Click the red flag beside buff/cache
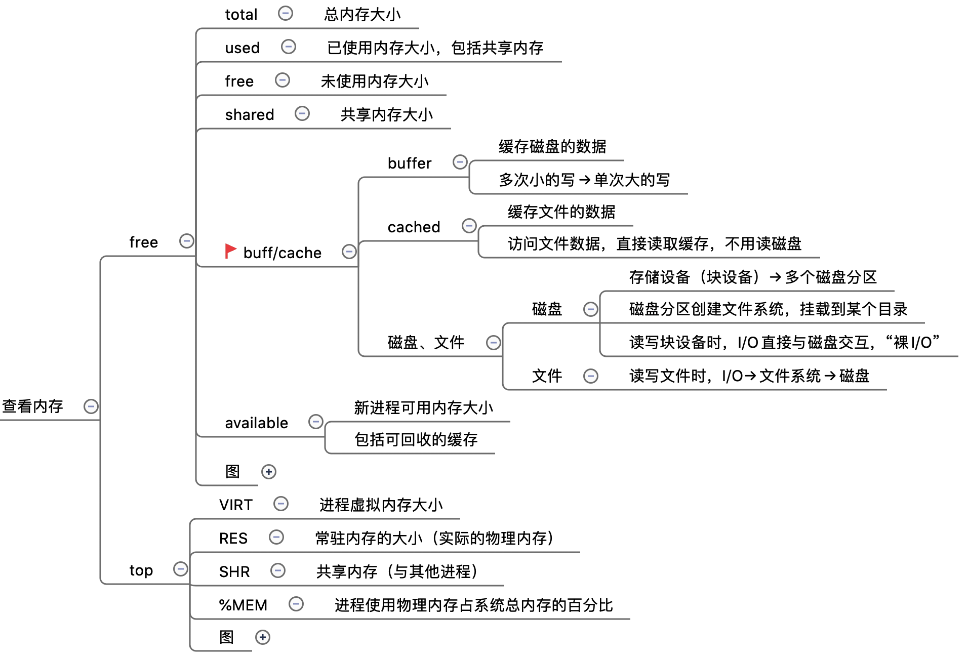tap(230, 251)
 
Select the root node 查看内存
tap(33, 406)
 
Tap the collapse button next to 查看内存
tap(91, 406)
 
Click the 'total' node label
tap(241, 14)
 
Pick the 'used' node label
tap(242, 48)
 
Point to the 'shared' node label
tap(249, 114)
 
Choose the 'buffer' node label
tap(409, 163)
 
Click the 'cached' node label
tap(414, 227)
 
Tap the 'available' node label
tap(256, 423)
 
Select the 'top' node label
tap(141, 570)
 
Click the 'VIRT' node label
tap(235, 505)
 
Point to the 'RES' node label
tap(233, 538)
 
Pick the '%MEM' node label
tap(243, 605)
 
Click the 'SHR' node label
tap(234, 571)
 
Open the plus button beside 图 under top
tap(263, 637)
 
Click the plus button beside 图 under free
tap(269, 472)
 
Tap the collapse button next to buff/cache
tap(349, 252)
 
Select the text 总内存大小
tap(362, 14)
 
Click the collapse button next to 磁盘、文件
tap(494, 343)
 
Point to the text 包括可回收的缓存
tap(416, 439)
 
